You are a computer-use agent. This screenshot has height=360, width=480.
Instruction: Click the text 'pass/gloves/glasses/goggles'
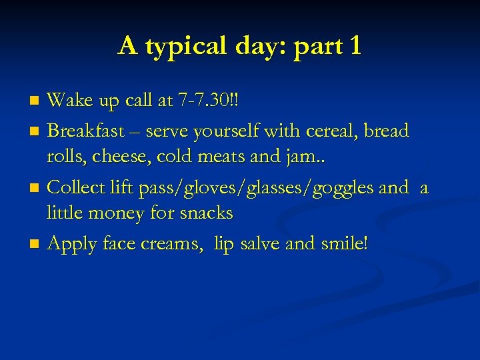click(256, 189)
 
